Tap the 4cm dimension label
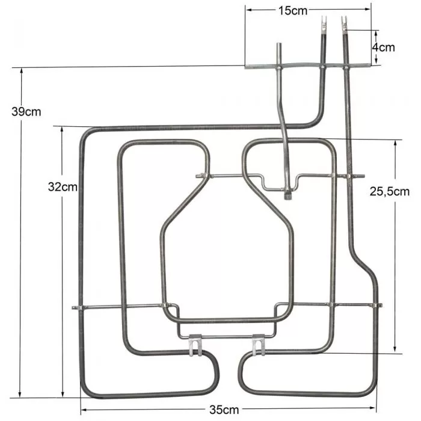click(x=383, y=47)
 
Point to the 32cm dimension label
click(x=63, y=186)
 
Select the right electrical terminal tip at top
click(x=345, y=25)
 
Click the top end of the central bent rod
click(x=280, y=46)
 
